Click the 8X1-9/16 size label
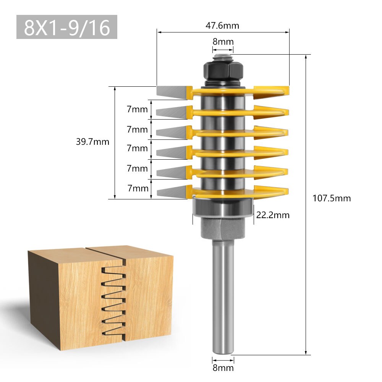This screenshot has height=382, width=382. click(x=67, y=27)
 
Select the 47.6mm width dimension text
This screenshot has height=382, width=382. click(x=222, y=26)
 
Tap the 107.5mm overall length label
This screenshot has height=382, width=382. click(x=331, y=198)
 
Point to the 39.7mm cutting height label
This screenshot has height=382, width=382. click(x=92, y=142)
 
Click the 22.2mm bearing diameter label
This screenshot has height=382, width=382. click(x=273, y=215)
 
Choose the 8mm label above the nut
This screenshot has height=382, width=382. click(x=223, y=42)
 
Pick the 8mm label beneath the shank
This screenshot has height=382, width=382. click(x=223, y=368)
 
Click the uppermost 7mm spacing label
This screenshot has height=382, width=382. click(x=137, y=110)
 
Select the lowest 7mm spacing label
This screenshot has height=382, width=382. click(x=137, y=188)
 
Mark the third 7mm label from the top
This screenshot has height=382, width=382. click(x=137, y=148)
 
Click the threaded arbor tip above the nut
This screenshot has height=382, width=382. click(x=223, y=58)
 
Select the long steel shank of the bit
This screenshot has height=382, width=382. click(x=223, y=298)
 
